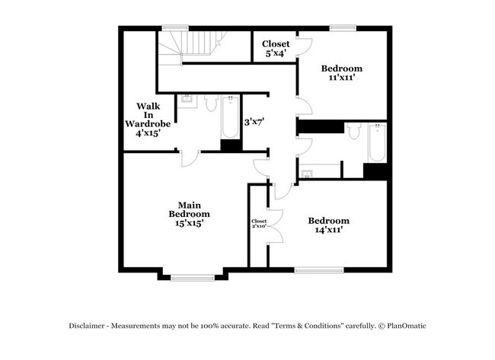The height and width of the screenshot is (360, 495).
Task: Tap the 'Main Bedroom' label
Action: pos(189,213)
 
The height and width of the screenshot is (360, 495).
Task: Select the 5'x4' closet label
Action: pos(276,49)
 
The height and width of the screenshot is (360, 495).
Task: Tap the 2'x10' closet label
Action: pos(258,224)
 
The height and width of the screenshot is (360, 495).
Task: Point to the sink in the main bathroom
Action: pos(187,100)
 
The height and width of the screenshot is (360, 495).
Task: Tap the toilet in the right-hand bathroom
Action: pos(353,132)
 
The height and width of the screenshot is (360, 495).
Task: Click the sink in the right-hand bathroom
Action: pos(308,174)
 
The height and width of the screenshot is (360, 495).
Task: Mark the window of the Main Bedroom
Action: pos(193,277)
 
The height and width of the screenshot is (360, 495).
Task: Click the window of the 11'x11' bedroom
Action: pos(343,28)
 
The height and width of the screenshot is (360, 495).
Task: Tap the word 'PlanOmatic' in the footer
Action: pos(404,326)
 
